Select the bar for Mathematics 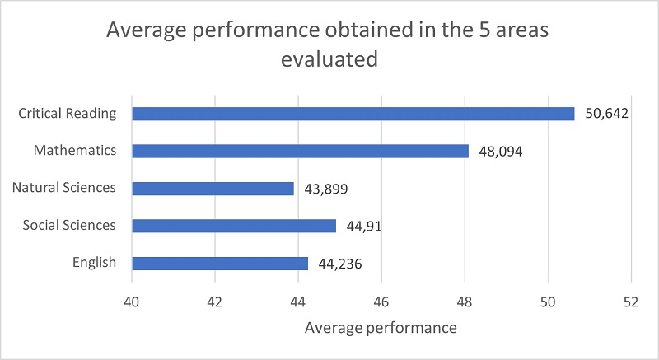[x=300, y=152]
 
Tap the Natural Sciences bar [x=213, y=189]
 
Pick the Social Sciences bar [x=234, y=226]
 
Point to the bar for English [x=220, y=264]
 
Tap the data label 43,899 [x=325, y=189]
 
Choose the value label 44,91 [x=363, y=226]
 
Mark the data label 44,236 [x=339, y=264]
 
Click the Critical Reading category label [x=68, y=114]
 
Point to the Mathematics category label [x=75, y=151]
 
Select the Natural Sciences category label [x=64, y=188]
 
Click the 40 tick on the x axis [x=132, y=301]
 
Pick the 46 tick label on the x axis [x=381, y=301]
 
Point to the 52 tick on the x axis [x=631, y=301]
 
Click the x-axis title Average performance [x=381, y=328]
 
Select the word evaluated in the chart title [x=329, y=59]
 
